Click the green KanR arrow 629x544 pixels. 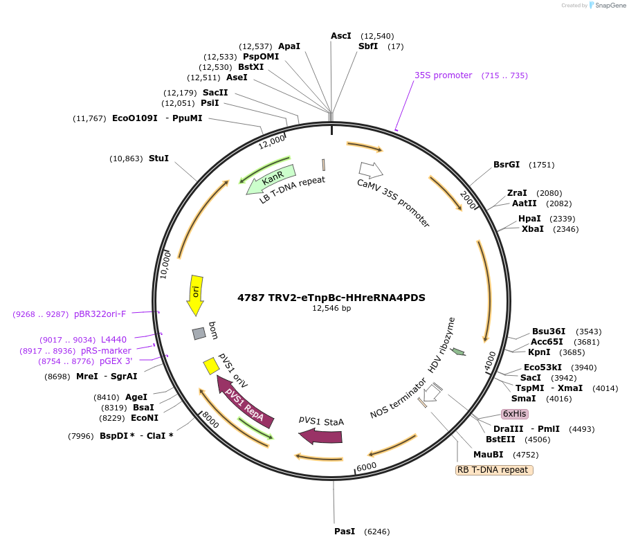271,179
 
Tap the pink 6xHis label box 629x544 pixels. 515,414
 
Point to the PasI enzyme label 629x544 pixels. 344,532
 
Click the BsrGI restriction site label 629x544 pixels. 507,165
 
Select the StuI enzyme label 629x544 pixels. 158,158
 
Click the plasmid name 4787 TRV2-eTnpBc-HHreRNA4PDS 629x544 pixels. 331,298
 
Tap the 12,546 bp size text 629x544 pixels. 331,309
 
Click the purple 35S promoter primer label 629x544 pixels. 443,75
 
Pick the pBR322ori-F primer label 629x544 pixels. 100,314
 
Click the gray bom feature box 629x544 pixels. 199,334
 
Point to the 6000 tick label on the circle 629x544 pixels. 367,466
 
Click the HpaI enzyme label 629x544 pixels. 529,219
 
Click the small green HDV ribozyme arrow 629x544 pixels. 458,352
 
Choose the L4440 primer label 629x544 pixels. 113,339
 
